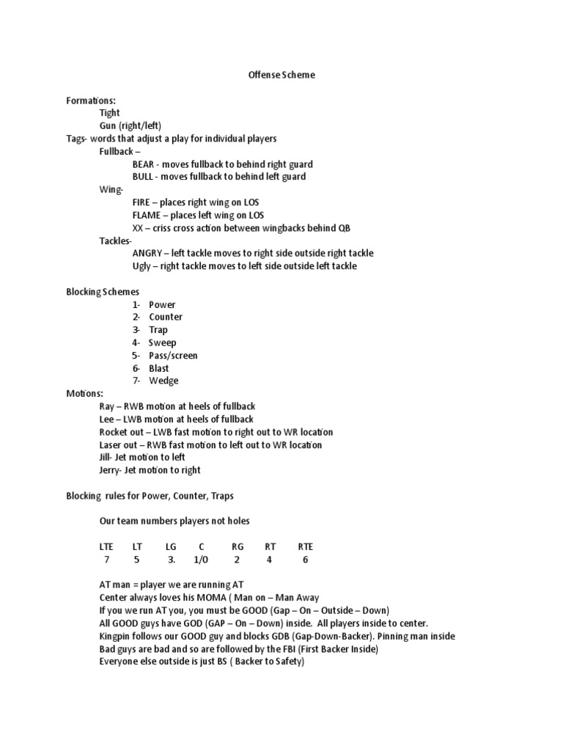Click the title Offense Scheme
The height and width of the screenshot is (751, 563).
tap(281, 75)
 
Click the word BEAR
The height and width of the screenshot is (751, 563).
tap(144, 164)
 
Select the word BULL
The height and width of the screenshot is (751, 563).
tap(144, 177)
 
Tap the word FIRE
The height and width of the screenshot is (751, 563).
tap(143, 202)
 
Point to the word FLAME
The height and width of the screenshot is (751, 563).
tap(147, 215)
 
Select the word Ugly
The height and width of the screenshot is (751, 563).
tap(142, 266)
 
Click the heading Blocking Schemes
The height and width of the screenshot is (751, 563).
tap(103, 291)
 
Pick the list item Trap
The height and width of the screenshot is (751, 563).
tap(158, 330)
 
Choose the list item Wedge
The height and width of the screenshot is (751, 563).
tap(163, 381)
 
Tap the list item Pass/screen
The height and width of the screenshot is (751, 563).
tap(173, 356)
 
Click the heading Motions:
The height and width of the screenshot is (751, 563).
tap(85, 394)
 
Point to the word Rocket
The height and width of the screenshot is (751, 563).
tap(114, 432)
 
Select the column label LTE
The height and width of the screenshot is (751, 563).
tap(107, 547)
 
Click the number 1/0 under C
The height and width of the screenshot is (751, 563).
tap(200, 560)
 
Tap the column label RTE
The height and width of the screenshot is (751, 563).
tap(305, 547)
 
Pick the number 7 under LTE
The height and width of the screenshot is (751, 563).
tap(106, 560)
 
